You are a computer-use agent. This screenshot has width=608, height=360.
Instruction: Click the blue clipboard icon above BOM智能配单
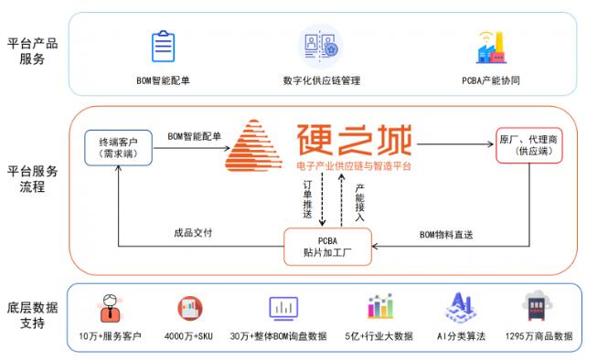click(164, 46)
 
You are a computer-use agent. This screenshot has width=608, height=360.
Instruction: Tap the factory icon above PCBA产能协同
click(491, 48)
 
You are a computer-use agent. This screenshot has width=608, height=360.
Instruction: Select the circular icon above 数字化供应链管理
click(321, 46)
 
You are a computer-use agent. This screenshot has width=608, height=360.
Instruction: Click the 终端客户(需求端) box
click(118, 148)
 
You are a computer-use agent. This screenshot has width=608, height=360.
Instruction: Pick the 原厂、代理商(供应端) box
click(528, 145)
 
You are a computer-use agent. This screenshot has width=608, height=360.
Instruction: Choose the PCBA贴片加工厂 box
click(327, 247)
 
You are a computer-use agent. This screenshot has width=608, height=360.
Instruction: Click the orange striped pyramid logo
click(253, 145)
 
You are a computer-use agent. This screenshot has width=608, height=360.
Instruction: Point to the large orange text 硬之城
click(354, 140)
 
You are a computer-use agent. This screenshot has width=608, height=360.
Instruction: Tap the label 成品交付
click(193, 232)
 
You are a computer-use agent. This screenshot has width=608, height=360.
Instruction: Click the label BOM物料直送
click(446, 235)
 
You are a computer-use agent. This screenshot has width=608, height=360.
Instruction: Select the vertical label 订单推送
click(307, 199)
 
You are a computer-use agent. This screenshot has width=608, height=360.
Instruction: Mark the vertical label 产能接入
click(360, 202)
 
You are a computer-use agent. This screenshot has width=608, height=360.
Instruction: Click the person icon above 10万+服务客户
click(110, 308)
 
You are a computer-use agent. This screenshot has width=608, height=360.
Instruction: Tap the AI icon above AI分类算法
click(461, 308)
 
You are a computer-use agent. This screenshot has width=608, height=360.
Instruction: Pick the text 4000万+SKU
click(188, 336)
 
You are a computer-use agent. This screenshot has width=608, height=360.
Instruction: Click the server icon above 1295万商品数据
click(538, 306)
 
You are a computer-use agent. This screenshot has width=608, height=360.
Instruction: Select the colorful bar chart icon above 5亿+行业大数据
click(380, 306)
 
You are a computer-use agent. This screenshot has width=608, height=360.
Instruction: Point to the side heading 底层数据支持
click(33, 315)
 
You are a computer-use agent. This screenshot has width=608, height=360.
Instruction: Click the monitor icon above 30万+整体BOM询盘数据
click(283, 309)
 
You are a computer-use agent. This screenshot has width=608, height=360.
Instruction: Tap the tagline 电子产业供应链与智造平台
click(354, 166)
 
